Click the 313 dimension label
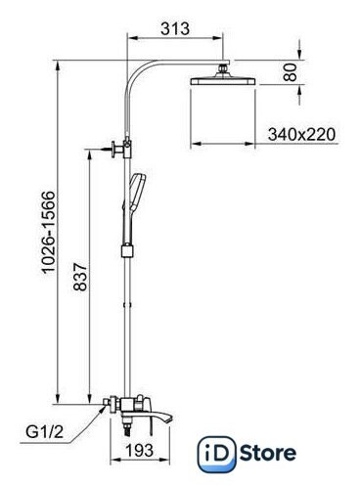tap(175, 28)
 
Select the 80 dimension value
tap(290, 72)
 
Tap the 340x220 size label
tap(301, 134)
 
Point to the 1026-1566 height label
tap(49, 232)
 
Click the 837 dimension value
tap(80, 277)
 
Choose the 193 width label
tap(140, 451)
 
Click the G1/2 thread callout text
tap(45, 432)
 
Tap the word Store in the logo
tap(268, 453)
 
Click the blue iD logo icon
tap(216, 455)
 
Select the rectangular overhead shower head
tap(223, 81)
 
